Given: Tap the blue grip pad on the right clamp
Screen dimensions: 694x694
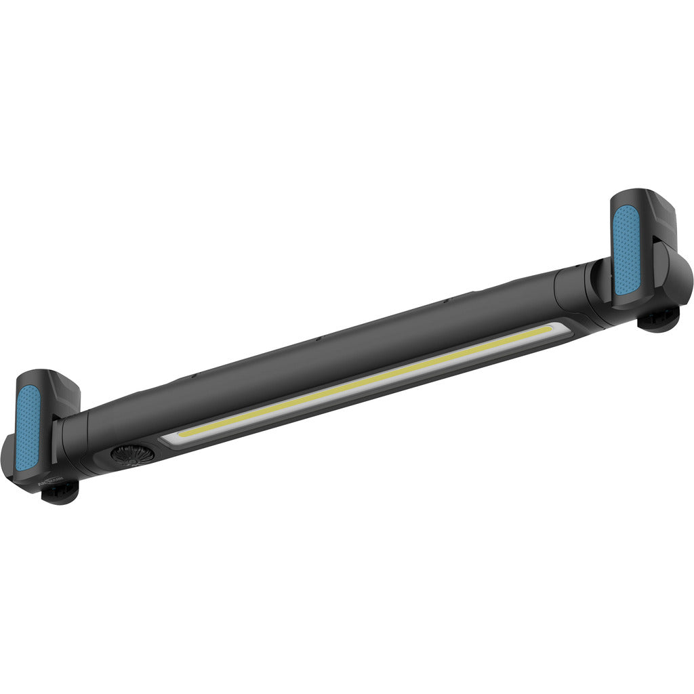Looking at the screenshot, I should pyautogui.click(x=626, y=251).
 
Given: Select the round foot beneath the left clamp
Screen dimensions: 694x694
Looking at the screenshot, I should pyautogui.click(x=60, y=493).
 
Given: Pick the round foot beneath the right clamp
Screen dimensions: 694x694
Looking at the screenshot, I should pyautogui.click(x=658, y=318).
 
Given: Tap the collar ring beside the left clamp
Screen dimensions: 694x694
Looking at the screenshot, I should pyautogui.click(x=67, y=444).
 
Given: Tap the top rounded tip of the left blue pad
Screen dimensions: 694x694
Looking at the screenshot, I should pyautogui.click(x=30, y=391).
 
